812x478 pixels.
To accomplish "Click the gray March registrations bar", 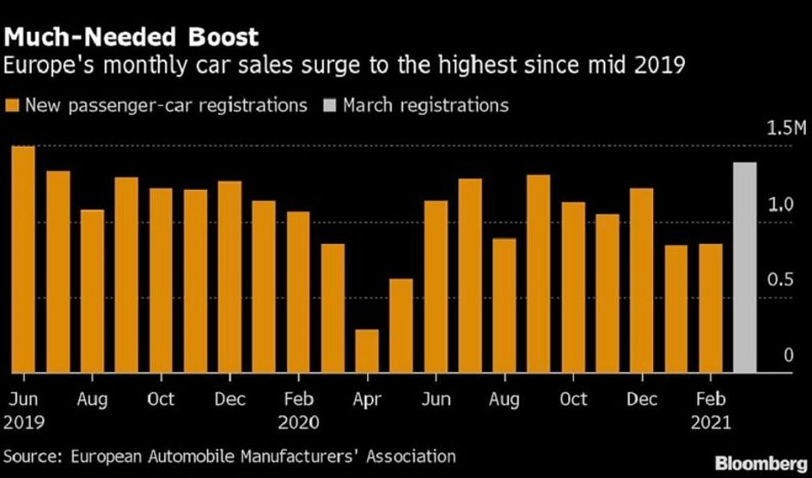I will coord(744,267).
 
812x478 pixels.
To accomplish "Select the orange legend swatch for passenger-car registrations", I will coord(13,106).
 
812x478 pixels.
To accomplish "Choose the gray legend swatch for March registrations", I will coord(330,106).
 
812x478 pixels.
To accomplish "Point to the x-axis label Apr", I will coord(367,399).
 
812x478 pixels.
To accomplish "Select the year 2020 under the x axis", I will coord(298,422).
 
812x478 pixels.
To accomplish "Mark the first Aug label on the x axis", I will coord(92,399).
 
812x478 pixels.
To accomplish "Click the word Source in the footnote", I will coord(33,456).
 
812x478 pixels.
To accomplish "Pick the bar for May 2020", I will coord(401,326).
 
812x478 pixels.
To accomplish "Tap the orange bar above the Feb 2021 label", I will coord(710,309).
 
